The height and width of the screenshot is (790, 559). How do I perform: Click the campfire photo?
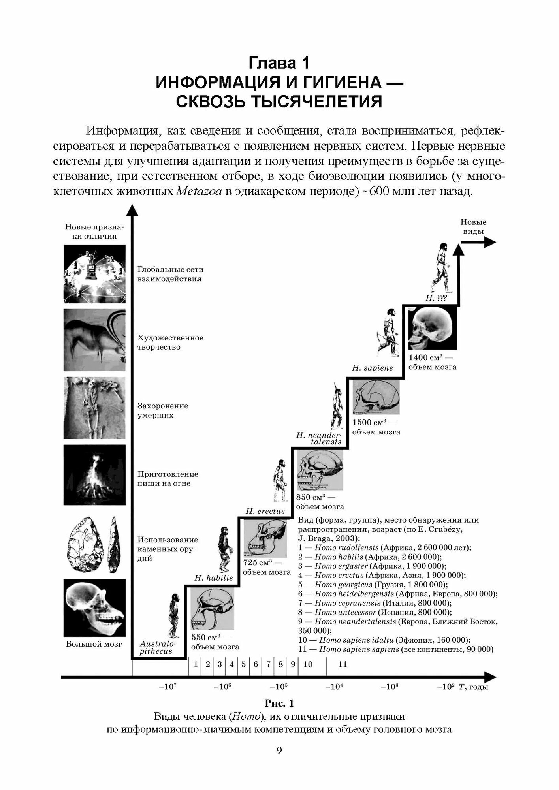coord(94,475)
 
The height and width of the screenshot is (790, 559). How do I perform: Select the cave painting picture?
coord(94,340)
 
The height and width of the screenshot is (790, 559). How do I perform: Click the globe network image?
coord(94,274)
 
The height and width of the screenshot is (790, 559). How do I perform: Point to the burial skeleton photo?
coord(94,408)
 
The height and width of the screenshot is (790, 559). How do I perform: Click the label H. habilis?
coord(213,578)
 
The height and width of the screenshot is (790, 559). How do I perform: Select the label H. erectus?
coord(265,511)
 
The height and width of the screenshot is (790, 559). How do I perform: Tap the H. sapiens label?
coord(373,368)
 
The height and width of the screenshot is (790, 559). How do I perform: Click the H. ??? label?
coord(436,298)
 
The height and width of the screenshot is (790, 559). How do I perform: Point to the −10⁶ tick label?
coord(222,687)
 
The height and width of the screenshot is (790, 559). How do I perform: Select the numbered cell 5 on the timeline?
coord(243,664)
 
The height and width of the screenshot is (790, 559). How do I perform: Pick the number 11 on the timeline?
coord(343,664)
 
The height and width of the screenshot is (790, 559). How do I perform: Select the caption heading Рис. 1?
coord(279,703)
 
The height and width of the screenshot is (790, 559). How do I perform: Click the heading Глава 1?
coord(279,63)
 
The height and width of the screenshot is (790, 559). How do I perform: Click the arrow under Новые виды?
coord(478,242)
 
